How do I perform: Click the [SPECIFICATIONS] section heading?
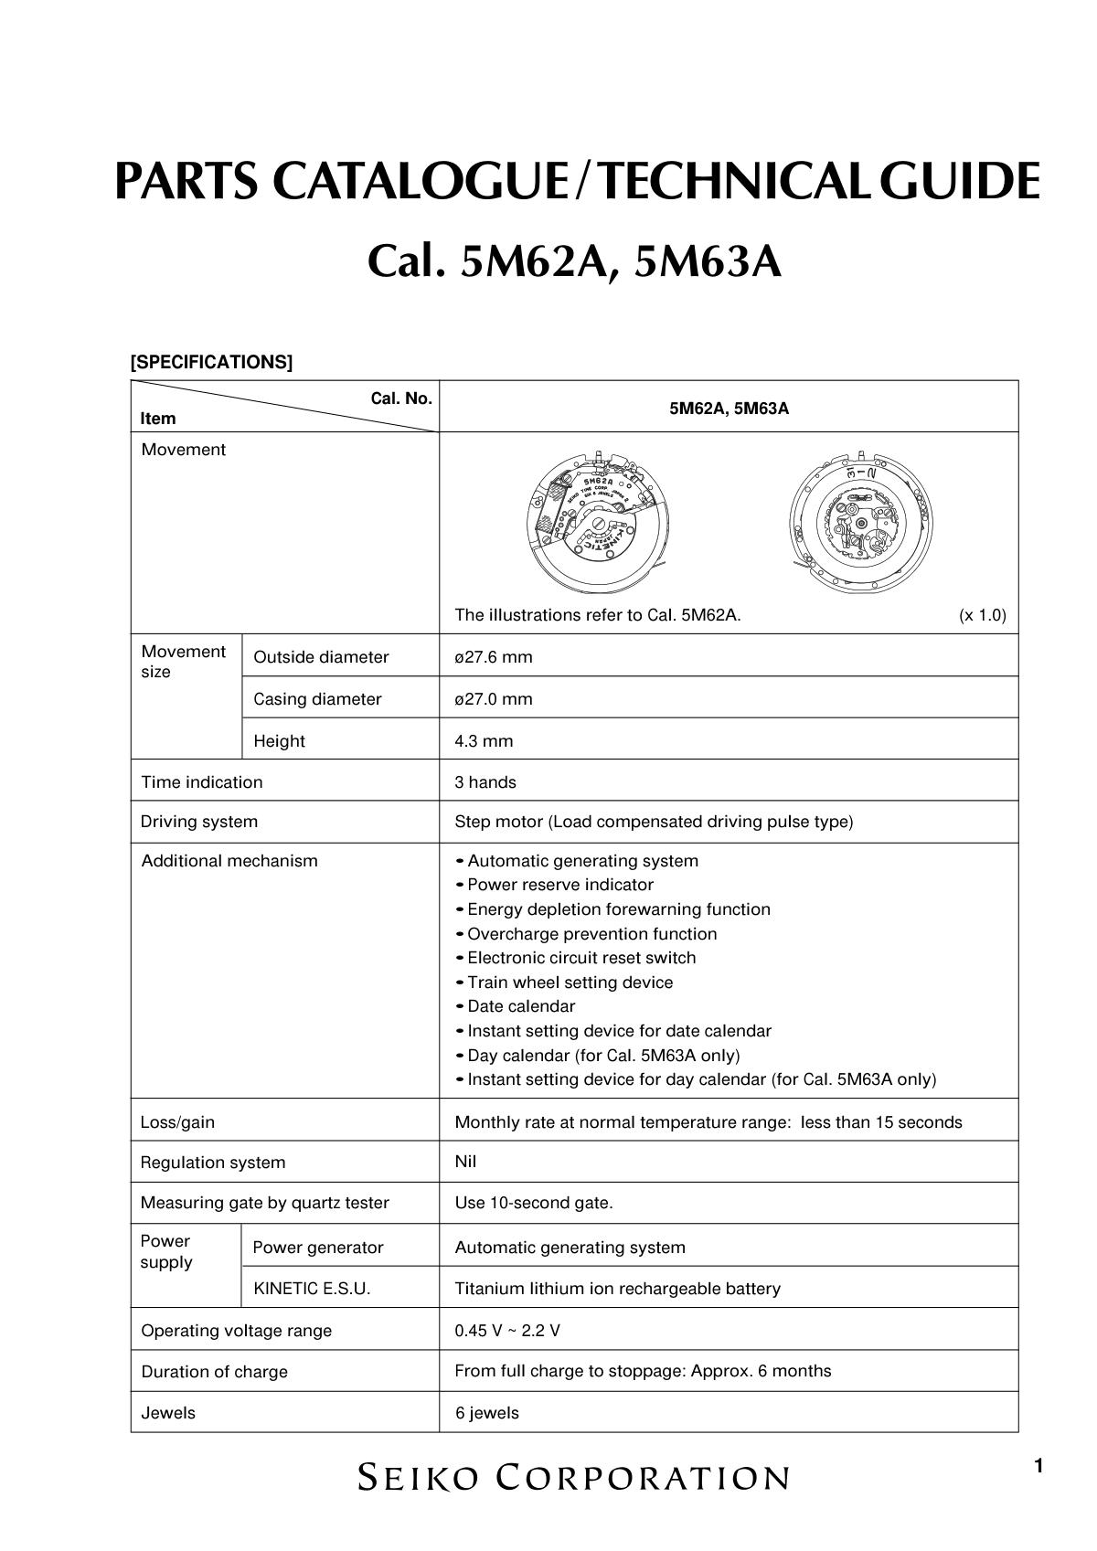(x=211, y=362)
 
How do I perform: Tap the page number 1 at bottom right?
(x=1038, y=1467)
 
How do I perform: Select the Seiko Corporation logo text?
(x=573, y=1477)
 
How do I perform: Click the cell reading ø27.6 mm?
(x=494, y=657)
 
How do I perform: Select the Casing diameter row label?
(x=317, y=699)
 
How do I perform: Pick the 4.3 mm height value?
(x=484, y=741)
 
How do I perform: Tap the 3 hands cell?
(x=485, y=782)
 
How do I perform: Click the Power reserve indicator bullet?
(x=559, y=885)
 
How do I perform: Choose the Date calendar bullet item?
(x=521, y=1006)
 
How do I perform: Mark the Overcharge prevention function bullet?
(x=591, y=934)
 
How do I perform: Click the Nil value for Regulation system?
(x=465, y=1162)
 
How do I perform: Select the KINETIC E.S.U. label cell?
(x=312, y=1289)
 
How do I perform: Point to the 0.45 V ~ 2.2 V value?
(x=507, y=1331)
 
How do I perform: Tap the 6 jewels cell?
(x=487, y=1413)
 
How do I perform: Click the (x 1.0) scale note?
(x=982, y=615)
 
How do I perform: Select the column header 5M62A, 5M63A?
(x=729, y=409)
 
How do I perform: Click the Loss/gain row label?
(x=177, y=1122)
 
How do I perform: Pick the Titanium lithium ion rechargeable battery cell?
(x=617, y=1289)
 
